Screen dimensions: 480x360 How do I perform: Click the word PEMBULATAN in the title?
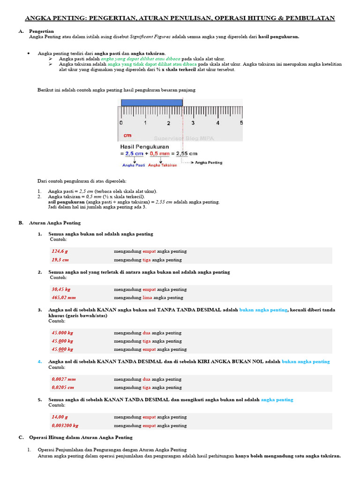click(310, 18)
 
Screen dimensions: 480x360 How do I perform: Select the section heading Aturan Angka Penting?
click(55, 223)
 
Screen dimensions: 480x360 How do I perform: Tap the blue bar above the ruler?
click(151, 102)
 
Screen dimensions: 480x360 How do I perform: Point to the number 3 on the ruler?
click(193, 123)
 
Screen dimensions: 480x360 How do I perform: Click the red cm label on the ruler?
click(127, 135)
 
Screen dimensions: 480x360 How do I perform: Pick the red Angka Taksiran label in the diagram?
click(163, 165)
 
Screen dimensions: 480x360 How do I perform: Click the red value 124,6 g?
click(60, 251)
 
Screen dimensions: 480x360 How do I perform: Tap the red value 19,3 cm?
click(60, 260)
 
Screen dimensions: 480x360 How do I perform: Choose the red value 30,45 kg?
click(61, 289)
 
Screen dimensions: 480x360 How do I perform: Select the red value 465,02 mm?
click(64, 298)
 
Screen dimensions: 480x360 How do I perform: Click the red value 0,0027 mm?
click(64, 379)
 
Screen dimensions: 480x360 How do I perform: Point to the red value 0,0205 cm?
click(63, 388)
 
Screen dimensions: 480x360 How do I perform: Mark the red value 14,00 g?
click(60, 417)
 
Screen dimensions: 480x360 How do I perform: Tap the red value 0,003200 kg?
click(65, 426)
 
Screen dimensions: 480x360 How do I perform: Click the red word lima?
click(147, 298)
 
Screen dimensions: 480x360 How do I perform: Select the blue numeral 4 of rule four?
click(40, 361)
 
